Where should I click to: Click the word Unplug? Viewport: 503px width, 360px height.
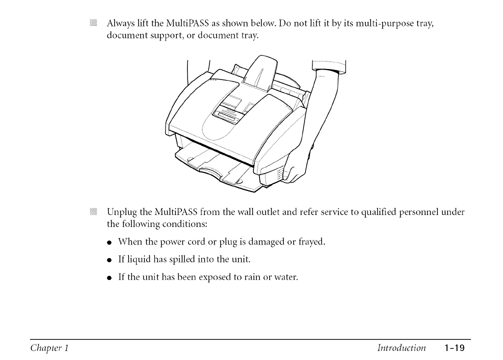[x=120, y=212]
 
